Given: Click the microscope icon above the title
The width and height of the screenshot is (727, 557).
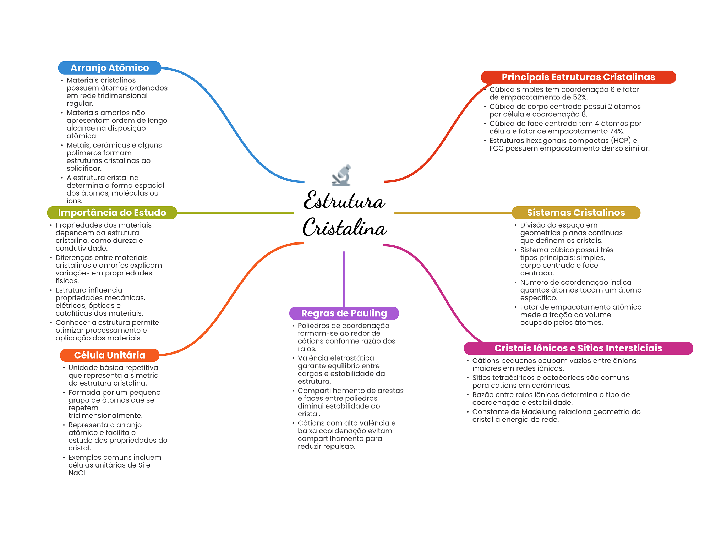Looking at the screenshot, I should (341, 175).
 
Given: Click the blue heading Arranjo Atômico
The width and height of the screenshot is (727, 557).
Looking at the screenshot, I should (109, 68).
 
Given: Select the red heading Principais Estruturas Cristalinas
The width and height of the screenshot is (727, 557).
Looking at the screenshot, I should (578, 77).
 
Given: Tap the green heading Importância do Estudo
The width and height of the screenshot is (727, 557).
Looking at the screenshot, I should (112, 213).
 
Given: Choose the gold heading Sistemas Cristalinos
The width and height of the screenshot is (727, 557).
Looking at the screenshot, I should (575, 213).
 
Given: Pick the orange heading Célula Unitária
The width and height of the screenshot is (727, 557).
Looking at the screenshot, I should (109, 355).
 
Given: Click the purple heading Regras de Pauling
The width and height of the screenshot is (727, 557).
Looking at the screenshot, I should (344, 313).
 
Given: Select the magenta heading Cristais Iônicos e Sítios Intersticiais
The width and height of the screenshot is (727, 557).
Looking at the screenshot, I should (578, 348).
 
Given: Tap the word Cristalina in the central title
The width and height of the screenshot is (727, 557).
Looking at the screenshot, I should (344, 228).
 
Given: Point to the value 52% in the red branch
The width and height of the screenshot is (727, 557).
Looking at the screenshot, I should (580, 97).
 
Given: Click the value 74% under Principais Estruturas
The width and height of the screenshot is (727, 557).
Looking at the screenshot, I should (617, 131).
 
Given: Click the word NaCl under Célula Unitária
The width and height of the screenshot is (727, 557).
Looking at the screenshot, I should (77, 473).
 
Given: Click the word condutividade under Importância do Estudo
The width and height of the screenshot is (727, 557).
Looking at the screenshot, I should (81, 249).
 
